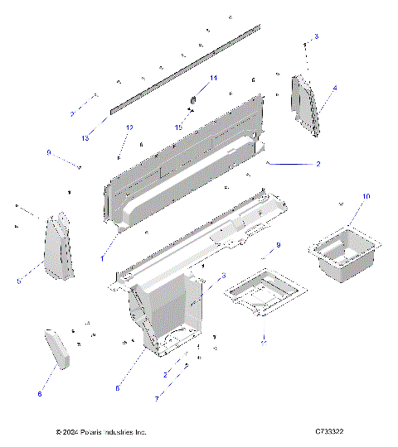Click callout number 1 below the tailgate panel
click(103, 259)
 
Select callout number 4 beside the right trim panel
click(335, 87)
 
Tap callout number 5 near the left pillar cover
click(18, 281)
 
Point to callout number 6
click(39, 394)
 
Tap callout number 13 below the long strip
click(85, 138)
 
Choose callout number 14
click(213, 78)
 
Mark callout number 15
click(177, 127)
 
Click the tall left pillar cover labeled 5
click(58, 246)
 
